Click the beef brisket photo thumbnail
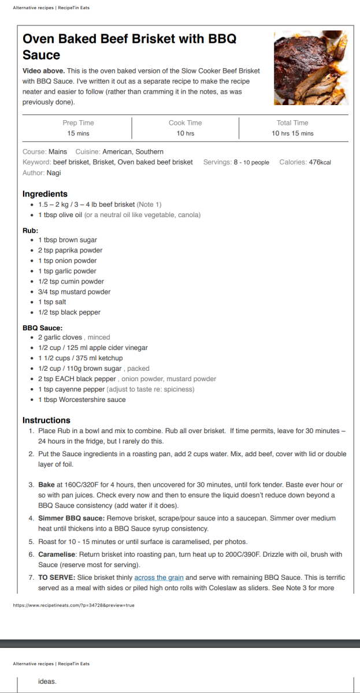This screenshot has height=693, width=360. pyautogui.click(x=311, y=68)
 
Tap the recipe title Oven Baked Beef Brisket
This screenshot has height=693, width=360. pyautogui.click(x=129, y=47)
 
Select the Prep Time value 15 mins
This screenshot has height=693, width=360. pyautogui.click(x=78, y=133)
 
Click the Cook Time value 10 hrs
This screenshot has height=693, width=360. pyautogui.click(x=185, y=133)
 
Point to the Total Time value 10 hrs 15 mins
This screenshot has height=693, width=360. pyautogui.click(x=292, y=133)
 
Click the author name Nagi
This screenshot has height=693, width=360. pyautogui.click(x=54, y=173)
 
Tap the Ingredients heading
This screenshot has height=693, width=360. pyautogui.click(x=45, y=194)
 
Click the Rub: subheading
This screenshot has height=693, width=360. pyautogui.click(x=31, y=230)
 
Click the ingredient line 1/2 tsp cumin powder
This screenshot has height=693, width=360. pyautogui.click(x=71, y=281)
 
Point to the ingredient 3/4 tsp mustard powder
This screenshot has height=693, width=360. pyautogui.click(x=74, y=292)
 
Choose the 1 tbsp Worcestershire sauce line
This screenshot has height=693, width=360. pyautogui.click(x=82, y=400)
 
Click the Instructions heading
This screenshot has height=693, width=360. pyautogui.click(x=46, y=420)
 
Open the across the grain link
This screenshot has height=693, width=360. pyautogui.click(x=159, y=577)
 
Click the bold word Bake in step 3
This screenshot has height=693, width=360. pyautogui.click(x=46, y=485)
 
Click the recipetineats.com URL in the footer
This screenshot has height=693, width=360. pyautogui.click(x=73, y=605)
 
